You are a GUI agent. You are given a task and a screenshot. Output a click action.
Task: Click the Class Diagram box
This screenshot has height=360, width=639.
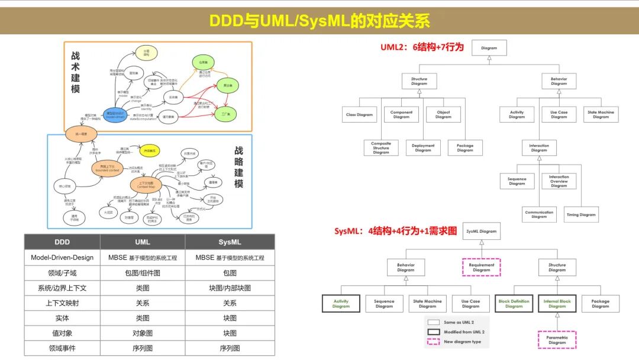pos(360,114)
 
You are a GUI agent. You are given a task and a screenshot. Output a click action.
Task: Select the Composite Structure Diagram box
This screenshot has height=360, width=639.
pos(381,147)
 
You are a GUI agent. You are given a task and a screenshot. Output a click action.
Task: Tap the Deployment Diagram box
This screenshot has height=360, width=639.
pos(423,147)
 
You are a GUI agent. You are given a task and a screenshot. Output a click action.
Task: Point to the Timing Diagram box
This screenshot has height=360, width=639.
pos(580,215)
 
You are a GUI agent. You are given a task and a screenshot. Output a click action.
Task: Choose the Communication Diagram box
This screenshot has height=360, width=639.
pos(539,214)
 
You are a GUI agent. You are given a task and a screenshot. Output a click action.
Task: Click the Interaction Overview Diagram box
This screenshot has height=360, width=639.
pos(559,181)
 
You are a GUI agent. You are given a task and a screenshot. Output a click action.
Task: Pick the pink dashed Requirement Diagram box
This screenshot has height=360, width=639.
pos(482,267)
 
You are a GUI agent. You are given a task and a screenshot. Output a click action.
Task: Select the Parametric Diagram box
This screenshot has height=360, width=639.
pos(557,340)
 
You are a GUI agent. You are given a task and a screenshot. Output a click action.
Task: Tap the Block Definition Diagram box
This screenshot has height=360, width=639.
pos(514,304)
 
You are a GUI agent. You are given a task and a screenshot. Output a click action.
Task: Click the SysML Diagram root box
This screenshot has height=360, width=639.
pos(480,232)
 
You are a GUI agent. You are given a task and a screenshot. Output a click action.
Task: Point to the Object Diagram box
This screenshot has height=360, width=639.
pos(443,114)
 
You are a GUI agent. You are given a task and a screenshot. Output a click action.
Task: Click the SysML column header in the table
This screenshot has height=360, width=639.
pos(230,242)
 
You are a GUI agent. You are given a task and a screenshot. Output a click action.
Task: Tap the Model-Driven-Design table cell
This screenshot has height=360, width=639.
pos(62,258)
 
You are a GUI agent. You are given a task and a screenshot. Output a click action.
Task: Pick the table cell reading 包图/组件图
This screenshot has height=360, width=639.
pos(142,273)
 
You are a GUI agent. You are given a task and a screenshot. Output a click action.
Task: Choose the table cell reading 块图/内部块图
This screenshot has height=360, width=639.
pos(230,288)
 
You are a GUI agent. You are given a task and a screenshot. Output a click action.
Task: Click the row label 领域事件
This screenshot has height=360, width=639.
pos(62,348)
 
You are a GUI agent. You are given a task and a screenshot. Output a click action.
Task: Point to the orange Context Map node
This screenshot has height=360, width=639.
pos(146,185)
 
